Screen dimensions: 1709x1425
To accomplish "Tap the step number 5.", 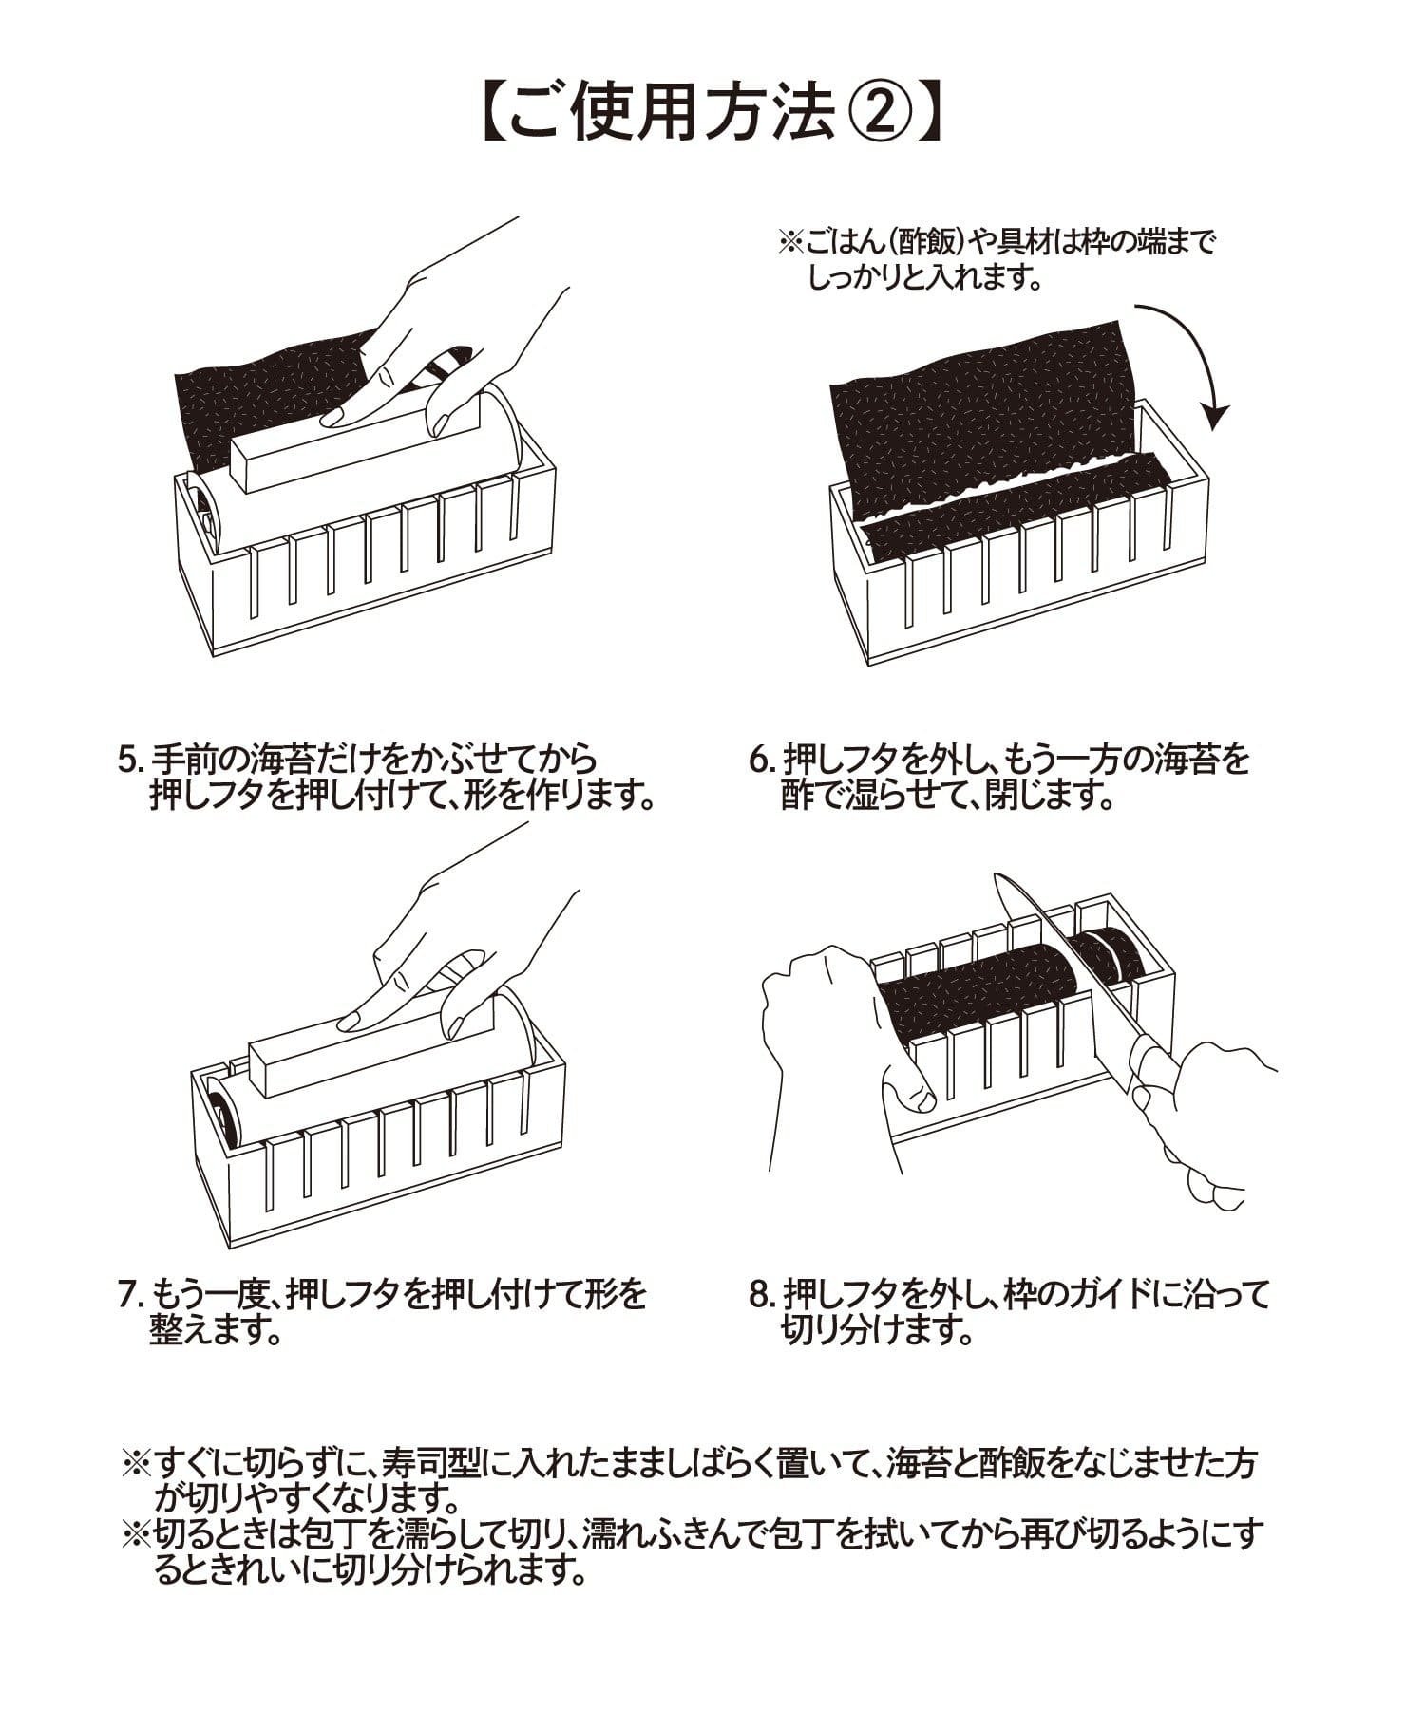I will click(128, 761).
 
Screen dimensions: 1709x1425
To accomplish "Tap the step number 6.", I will click(759, 761).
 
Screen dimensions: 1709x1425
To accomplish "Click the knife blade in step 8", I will click(1054, 949).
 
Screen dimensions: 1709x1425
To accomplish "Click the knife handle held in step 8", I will click(1154, 1068).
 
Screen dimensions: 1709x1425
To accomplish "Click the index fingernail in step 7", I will click(350, 1021).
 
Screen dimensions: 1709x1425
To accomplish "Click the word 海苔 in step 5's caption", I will click(279, 761).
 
